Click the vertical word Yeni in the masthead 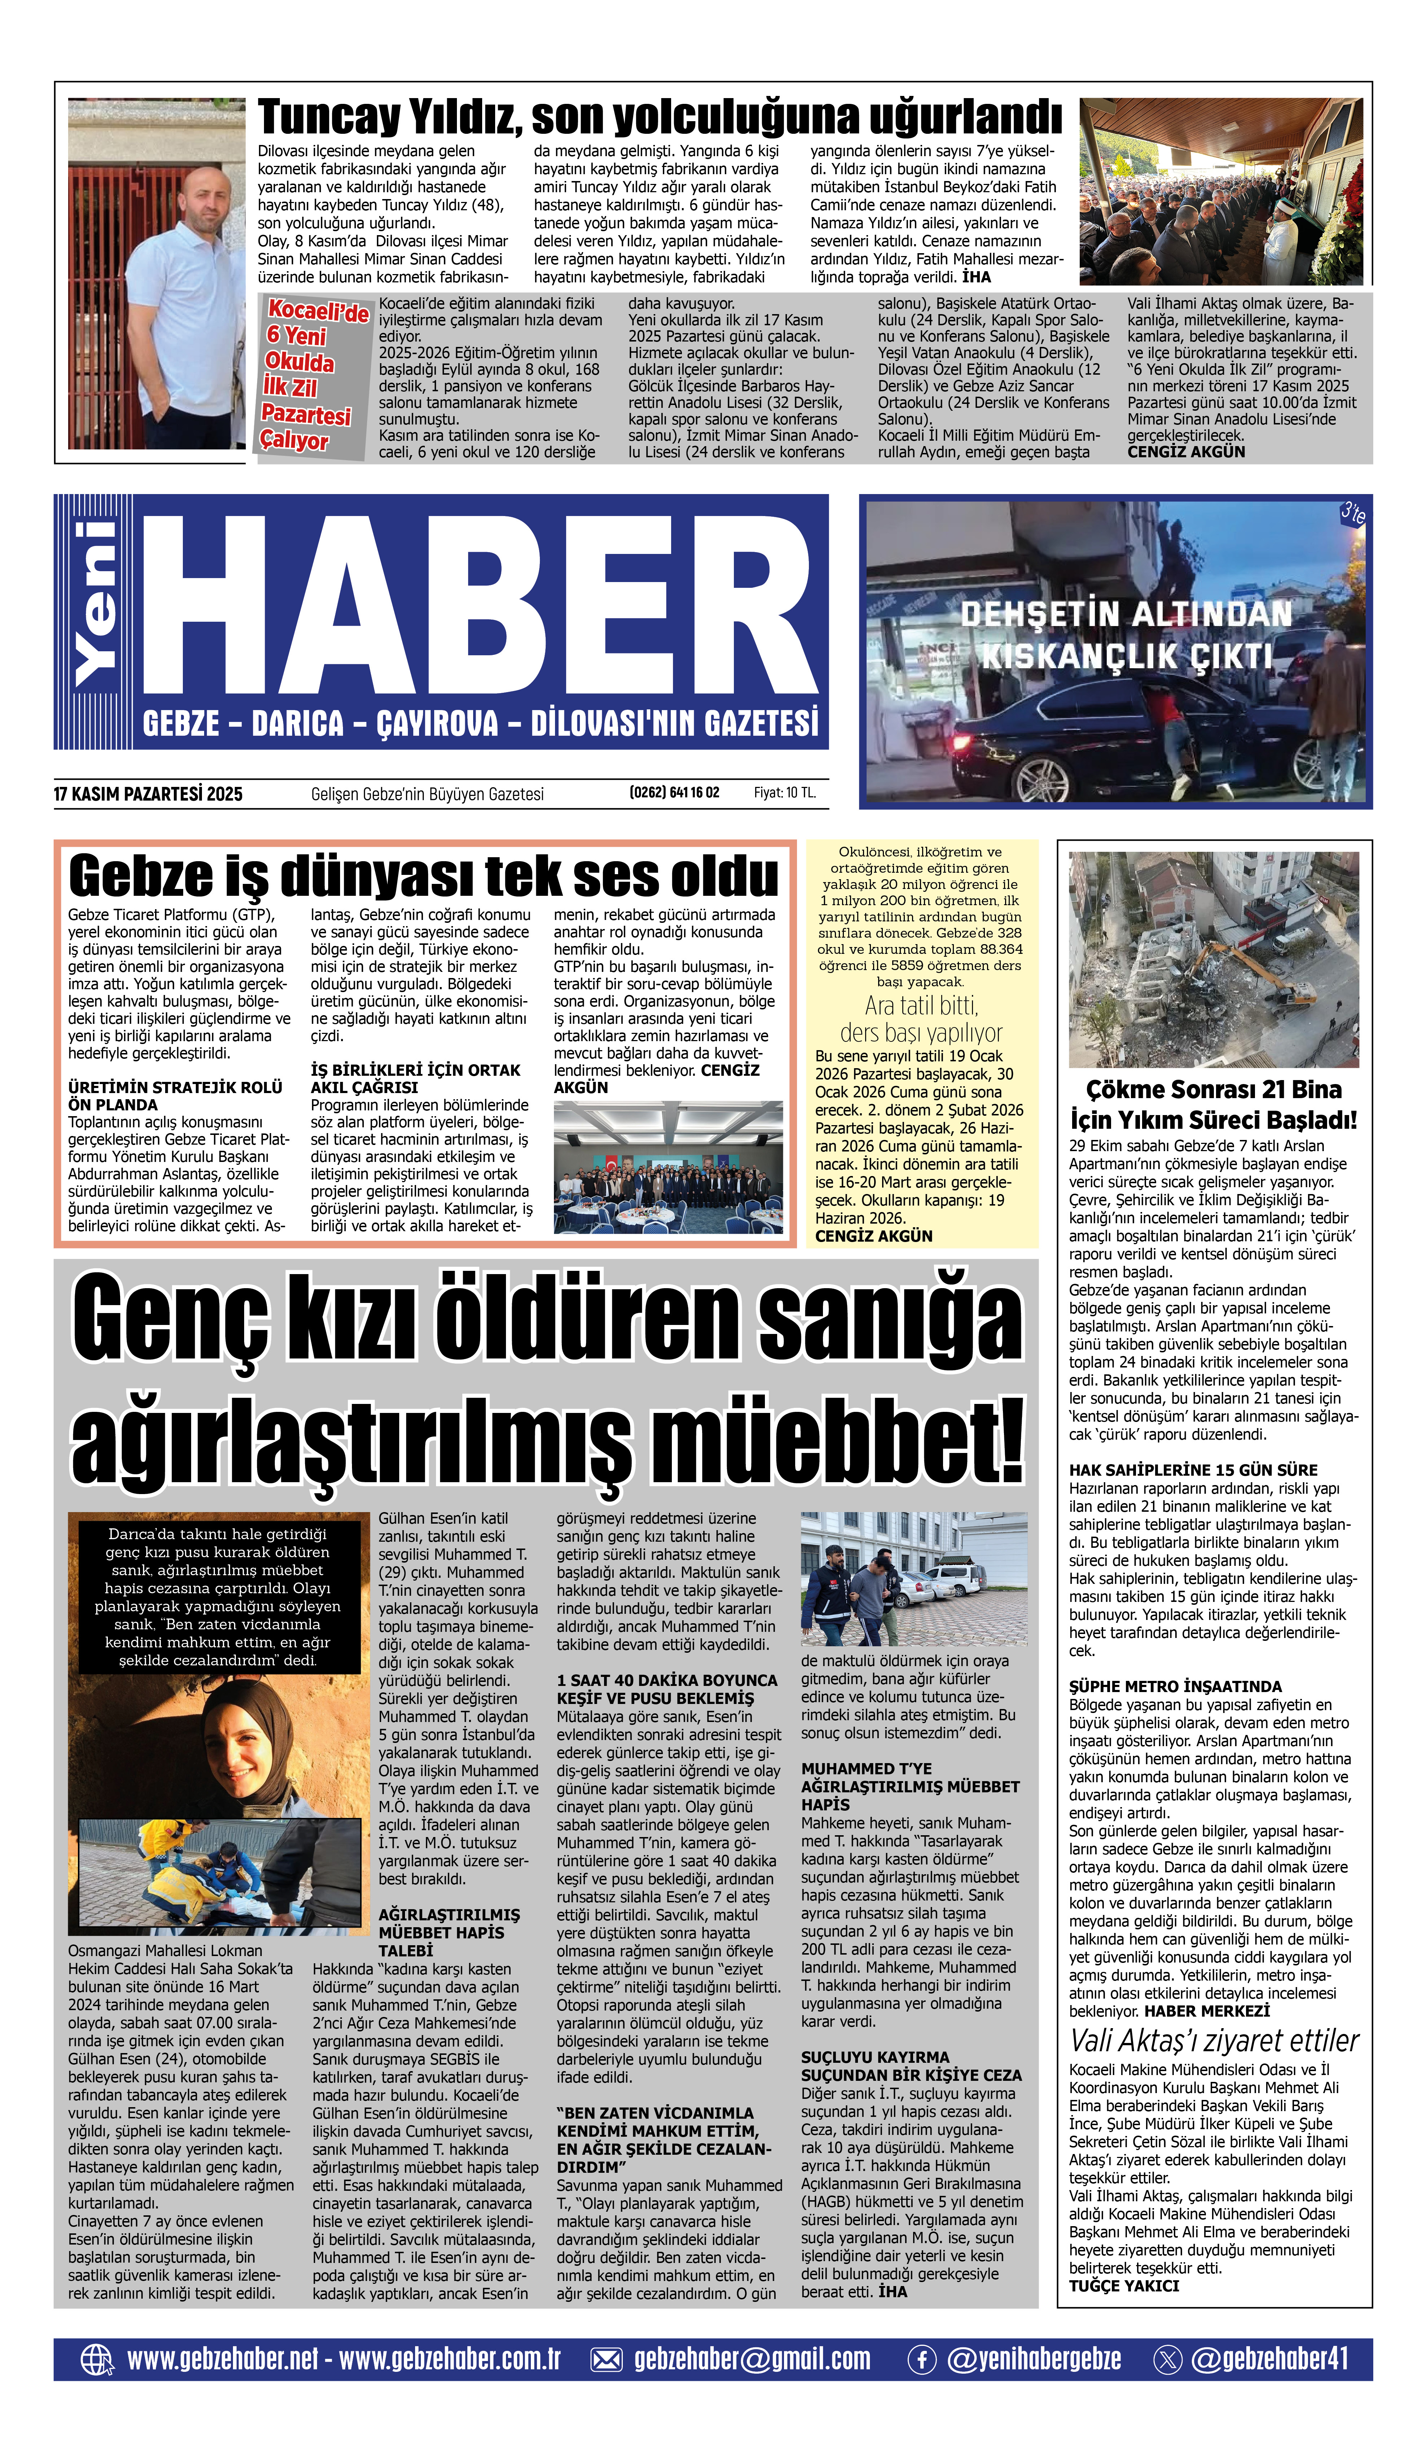tap(96, 604)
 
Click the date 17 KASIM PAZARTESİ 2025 tap(149, 794)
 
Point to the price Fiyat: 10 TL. tap(784, 792)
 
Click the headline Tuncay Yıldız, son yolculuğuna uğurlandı tap(659, 118)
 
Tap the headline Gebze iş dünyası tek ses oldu tap(423, 875)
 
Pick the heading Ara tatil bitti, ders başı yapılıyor tap(921, 1019)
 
